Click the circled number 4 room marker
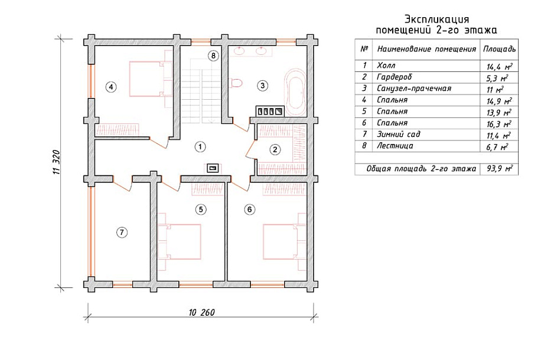click(x=111, y=87)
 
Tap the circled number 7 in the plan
click(x=122, y=233)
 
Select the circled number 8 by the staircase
click(x=213, y=55)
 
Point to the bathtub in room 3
click(x=295, y=90)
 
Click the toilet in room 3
click(x=235, y=83)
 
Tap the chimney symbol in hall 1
click(x=213, y=168)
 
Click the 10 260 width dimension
click(x=202, y=312)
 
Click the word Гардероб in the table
click(x=395, y=77)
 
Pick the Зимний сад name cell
click(x=399, y=135)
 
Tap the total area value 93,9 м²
click(x=500, y=169)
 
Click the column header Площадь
click(x=499, y=49)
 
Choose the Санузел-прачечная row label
click(x=414, y=89)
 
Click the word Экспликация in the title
click(x=436, y=19)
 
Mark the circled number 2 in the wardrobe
click(x=275, y=150)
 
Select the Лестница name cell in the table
click(x=395, y=146)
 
